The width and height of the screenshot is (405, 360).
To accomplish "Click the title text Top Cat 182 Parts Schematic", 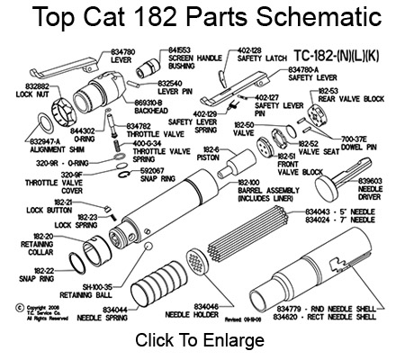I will click(x=202, y=18).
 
